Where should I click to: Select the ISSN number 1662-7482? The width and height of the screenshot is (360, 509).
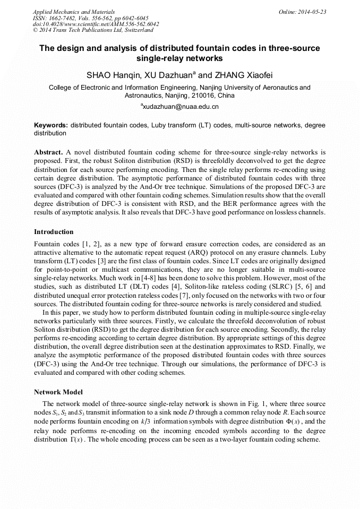[x=58, y=18]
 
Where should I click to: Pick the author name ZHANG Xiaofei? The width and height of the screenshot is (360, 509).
[x=243, y=75]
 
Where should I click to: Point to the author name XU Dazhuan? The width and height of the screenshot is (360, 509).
[x=170, y=75]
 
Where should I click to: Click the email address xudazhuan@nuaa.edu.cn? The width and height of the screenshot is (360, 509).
[x=181, y=107]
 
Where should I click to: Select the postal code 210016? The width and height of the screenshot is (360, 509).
[x=193, y=96]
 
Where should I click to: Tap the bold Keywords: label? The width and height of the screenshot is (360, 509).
[x=51, y=125]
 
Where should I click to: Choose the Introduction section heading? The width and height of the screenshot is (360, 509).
[x=54, y=232]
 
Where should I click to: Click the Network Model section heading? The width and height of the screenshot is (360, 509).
[x=58, y=392]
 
